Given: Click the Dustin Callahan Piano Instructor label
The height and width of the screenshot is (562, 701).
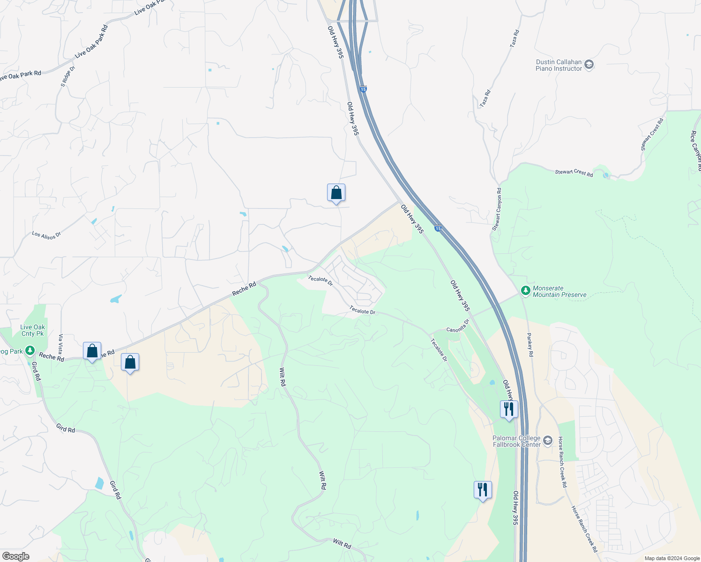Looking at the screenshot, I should (x=559, y=65).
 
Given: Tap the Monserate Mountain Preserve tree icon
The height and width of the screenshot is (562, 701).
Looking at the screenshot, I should (x=526, y=291).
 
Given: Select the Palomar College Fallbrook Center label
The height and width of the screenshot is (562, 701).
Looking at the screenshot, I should (x=516, y=441).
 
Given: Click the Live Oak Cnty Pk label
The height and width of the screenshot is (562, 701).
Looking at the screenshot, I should (x=33, y=330).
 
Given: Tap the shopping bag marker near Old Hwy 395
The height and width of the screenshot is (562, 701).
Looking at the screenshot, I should (x=336, y=192).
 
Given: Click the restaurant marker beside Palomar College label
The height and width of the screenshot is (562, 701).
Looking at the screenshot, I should (x=508, y=409).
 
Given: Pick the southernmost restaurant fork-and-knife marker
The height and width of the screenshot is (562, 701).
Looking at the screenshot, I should (x=483, y=490).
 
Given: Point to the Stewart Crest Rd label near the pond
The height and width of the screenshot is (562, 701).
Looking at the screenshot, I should (x=574, y=173).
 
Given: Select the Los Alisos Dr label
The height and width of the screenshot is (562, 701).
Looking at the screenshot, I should (x=46, y=235).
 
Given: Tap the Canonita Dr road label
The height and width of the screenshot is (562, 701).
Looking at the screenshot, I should (x=458, y=326).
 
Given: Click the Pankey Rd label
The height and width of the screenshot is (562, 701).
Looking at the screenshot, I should (x=530, y=345).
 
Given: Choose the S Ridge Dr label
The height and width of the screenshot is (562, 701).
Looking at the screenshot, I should (x=68, y=76).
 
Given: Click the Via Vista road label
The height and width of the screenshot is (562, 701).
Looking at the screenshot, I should (x=60, y=344).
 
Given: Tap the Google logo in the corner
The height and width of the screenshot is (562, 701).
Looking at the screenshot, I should (x=15, y=556).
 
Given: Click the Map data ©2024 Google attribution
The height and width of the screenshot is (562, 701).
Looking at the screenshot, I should (x=671, y=558).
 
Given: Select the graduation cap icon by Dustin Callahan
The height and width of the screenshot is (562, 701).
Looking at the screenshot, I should (x=589, y=65).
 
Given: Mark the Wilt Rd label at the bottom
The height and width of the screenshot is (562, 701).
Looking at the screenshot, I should (x=342, y=544).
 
